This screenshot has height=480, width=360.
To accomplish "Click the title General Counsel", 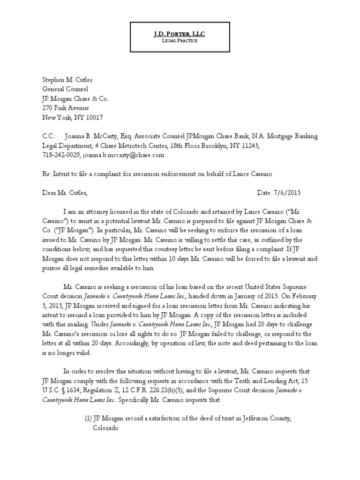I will pyautogui.click(x=65, y=89).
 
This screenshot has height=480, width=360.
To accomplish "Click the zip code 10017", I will pyautogui.click(x=93, y=117).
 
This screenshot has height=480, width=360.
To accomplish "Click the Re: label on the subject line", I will pyautogui.click(x=47, y=173).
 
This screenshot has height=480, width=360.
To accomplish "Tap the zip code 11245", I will pyautogui.click(x=249, y=146).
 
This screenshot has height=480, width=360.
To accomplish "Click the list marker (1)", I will pyautogui.click(x=86, y=419).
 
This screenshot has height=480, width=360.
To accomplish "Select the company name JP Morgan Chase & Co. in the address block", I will pyautogui.click(x=75, y=98).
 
